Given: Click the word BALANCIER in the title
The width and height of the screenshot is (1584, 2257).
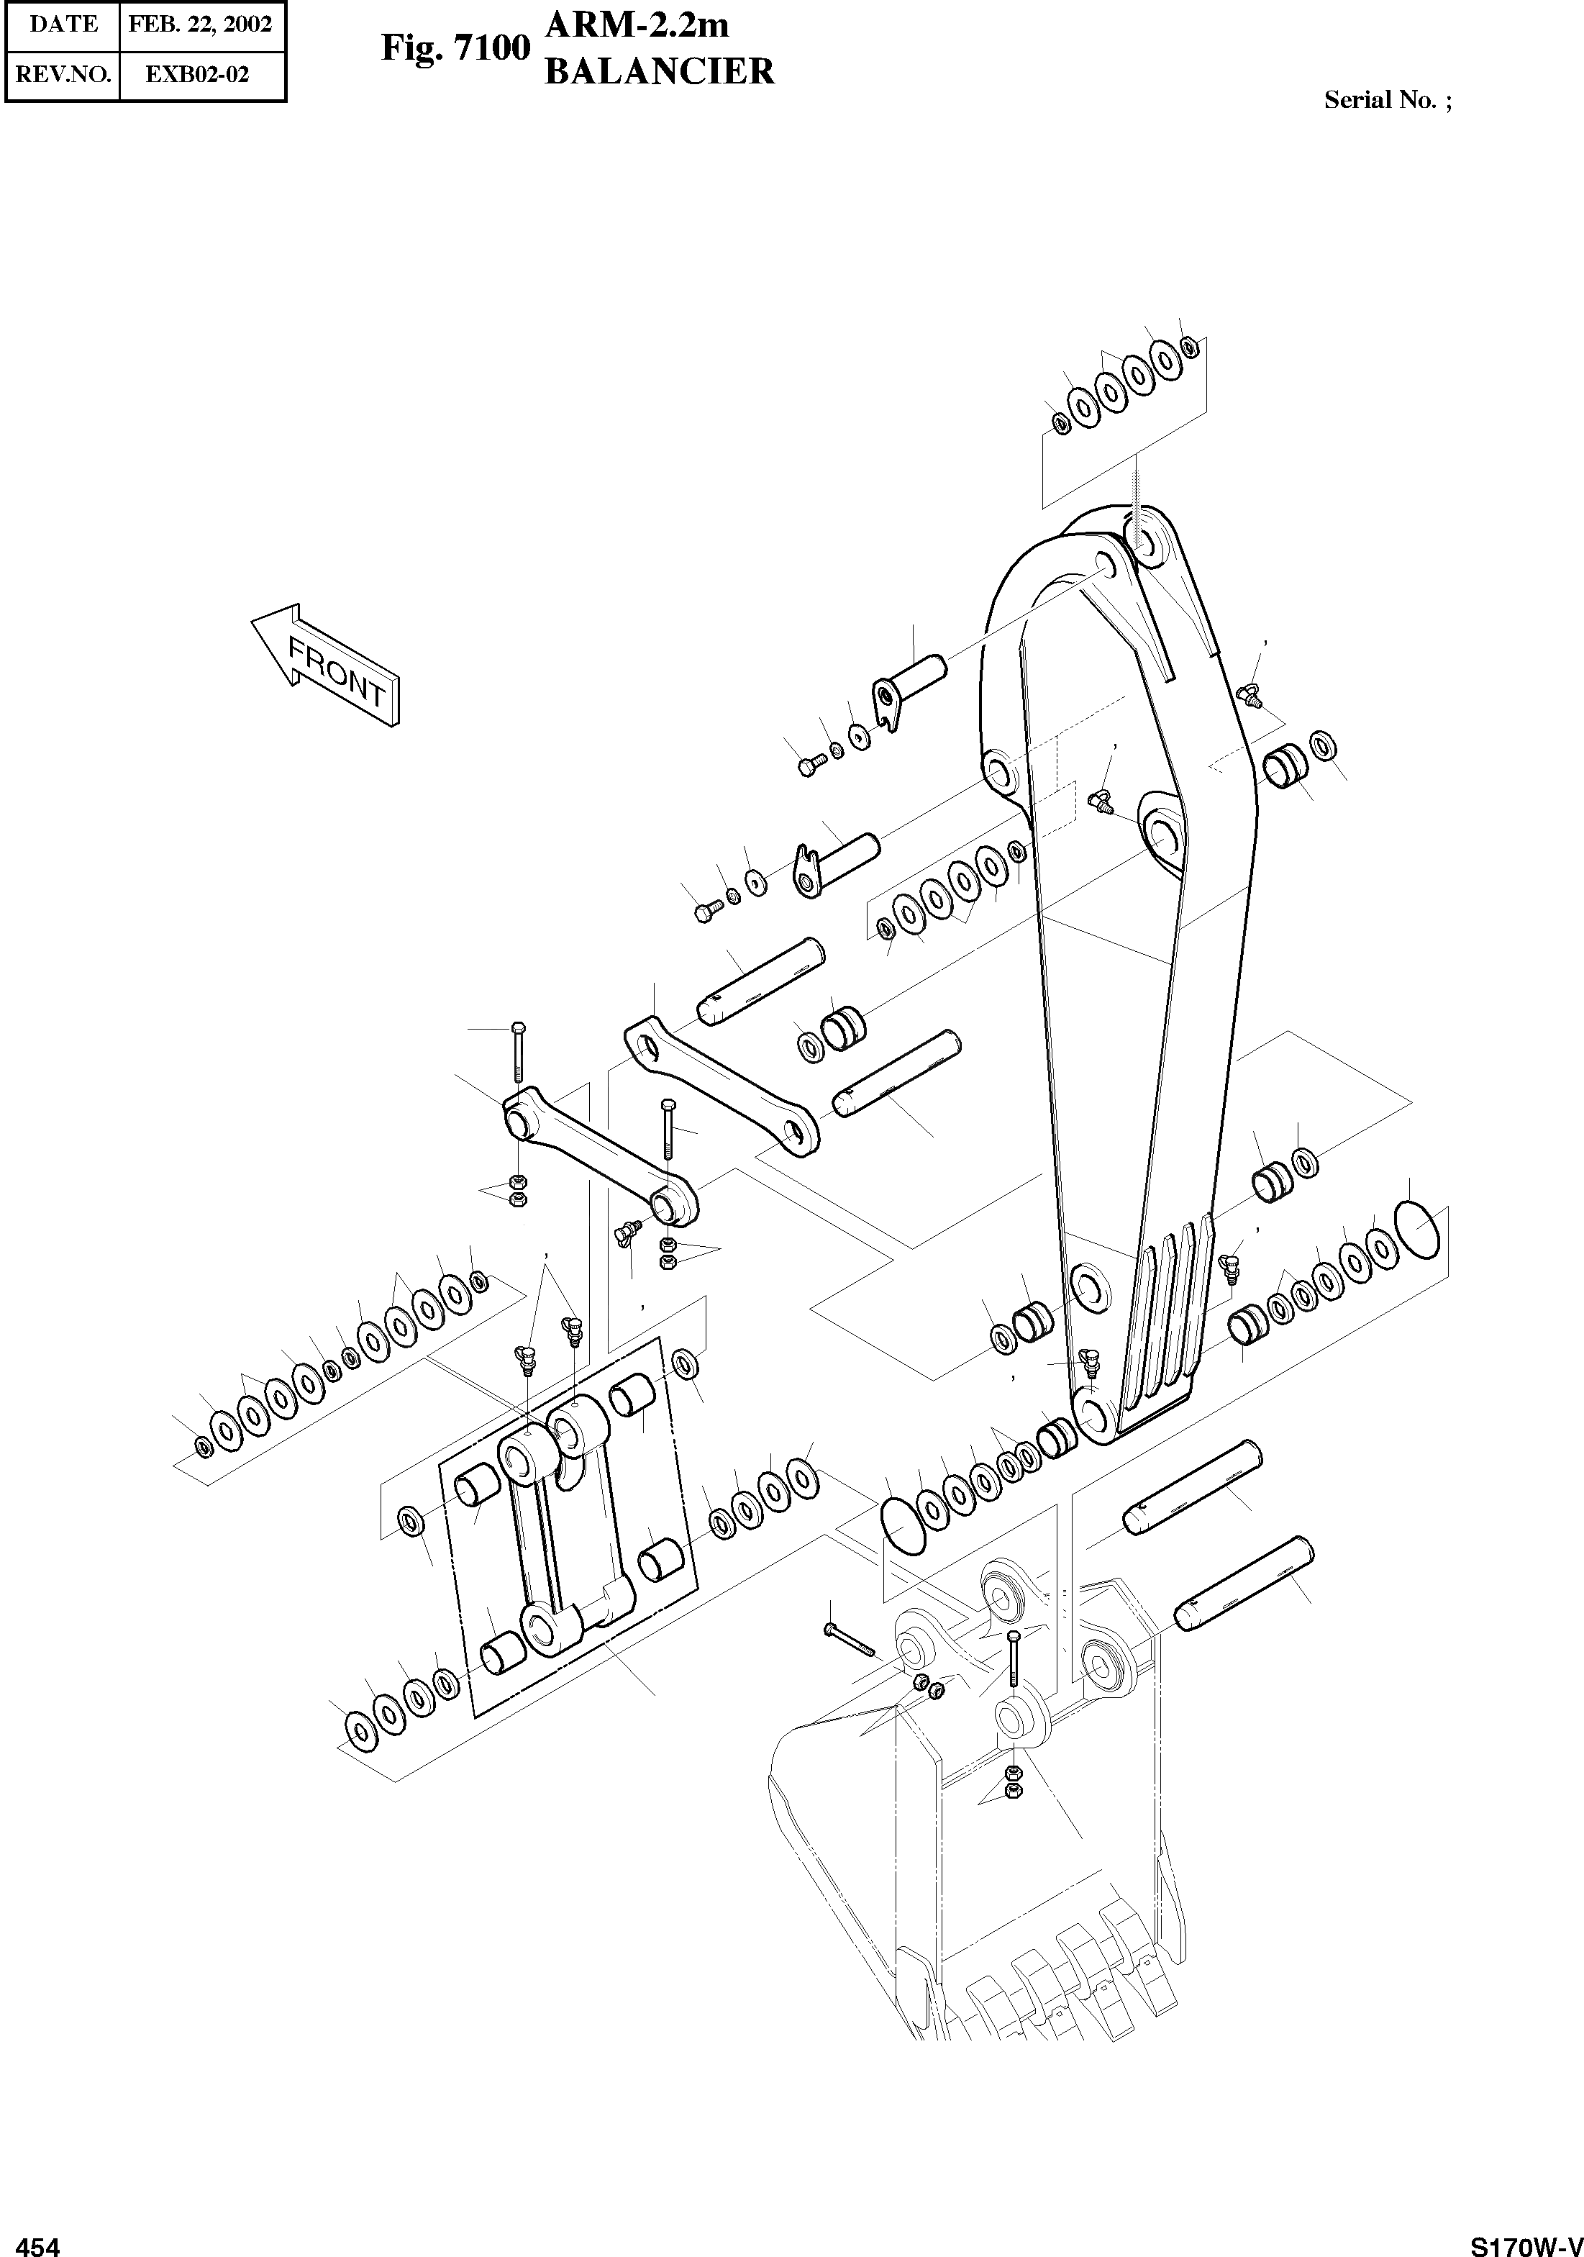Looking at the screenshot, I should (x=660, y=72).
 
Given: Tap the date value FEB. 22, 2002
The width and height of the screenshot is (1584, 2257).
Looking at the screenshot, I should (x=201, y=24).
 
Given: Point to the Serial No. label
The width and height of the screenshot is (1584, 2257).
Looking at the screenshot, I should (x=1386, y=99).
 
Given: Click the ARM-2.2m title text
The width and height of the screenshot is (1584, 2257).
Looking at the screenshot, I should (x=637, y=24).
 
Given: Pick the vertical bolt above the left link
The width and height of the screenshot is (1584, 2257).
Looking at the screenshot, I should (x=518, y=1052).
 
